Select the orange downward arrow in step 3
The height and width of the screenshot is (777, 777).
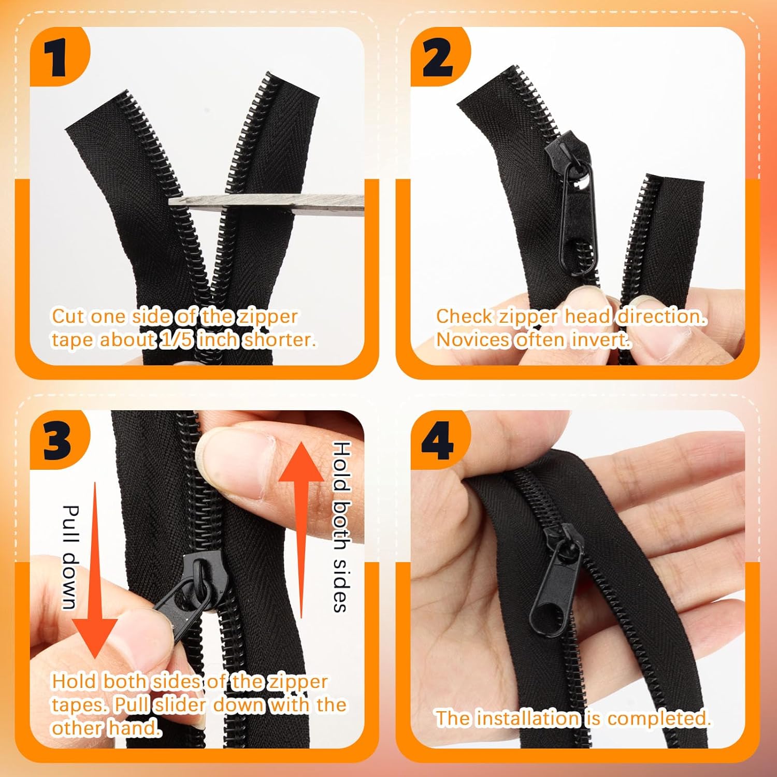[x=95, y=570]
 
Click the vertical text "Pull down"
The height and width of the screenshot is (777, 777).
[x=70, y=557]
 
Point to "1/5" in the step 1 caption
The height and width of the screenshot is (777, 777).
[x=176, y=340]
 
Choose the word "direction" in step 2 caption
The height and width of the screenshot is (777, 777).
[x=660, y=316]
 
